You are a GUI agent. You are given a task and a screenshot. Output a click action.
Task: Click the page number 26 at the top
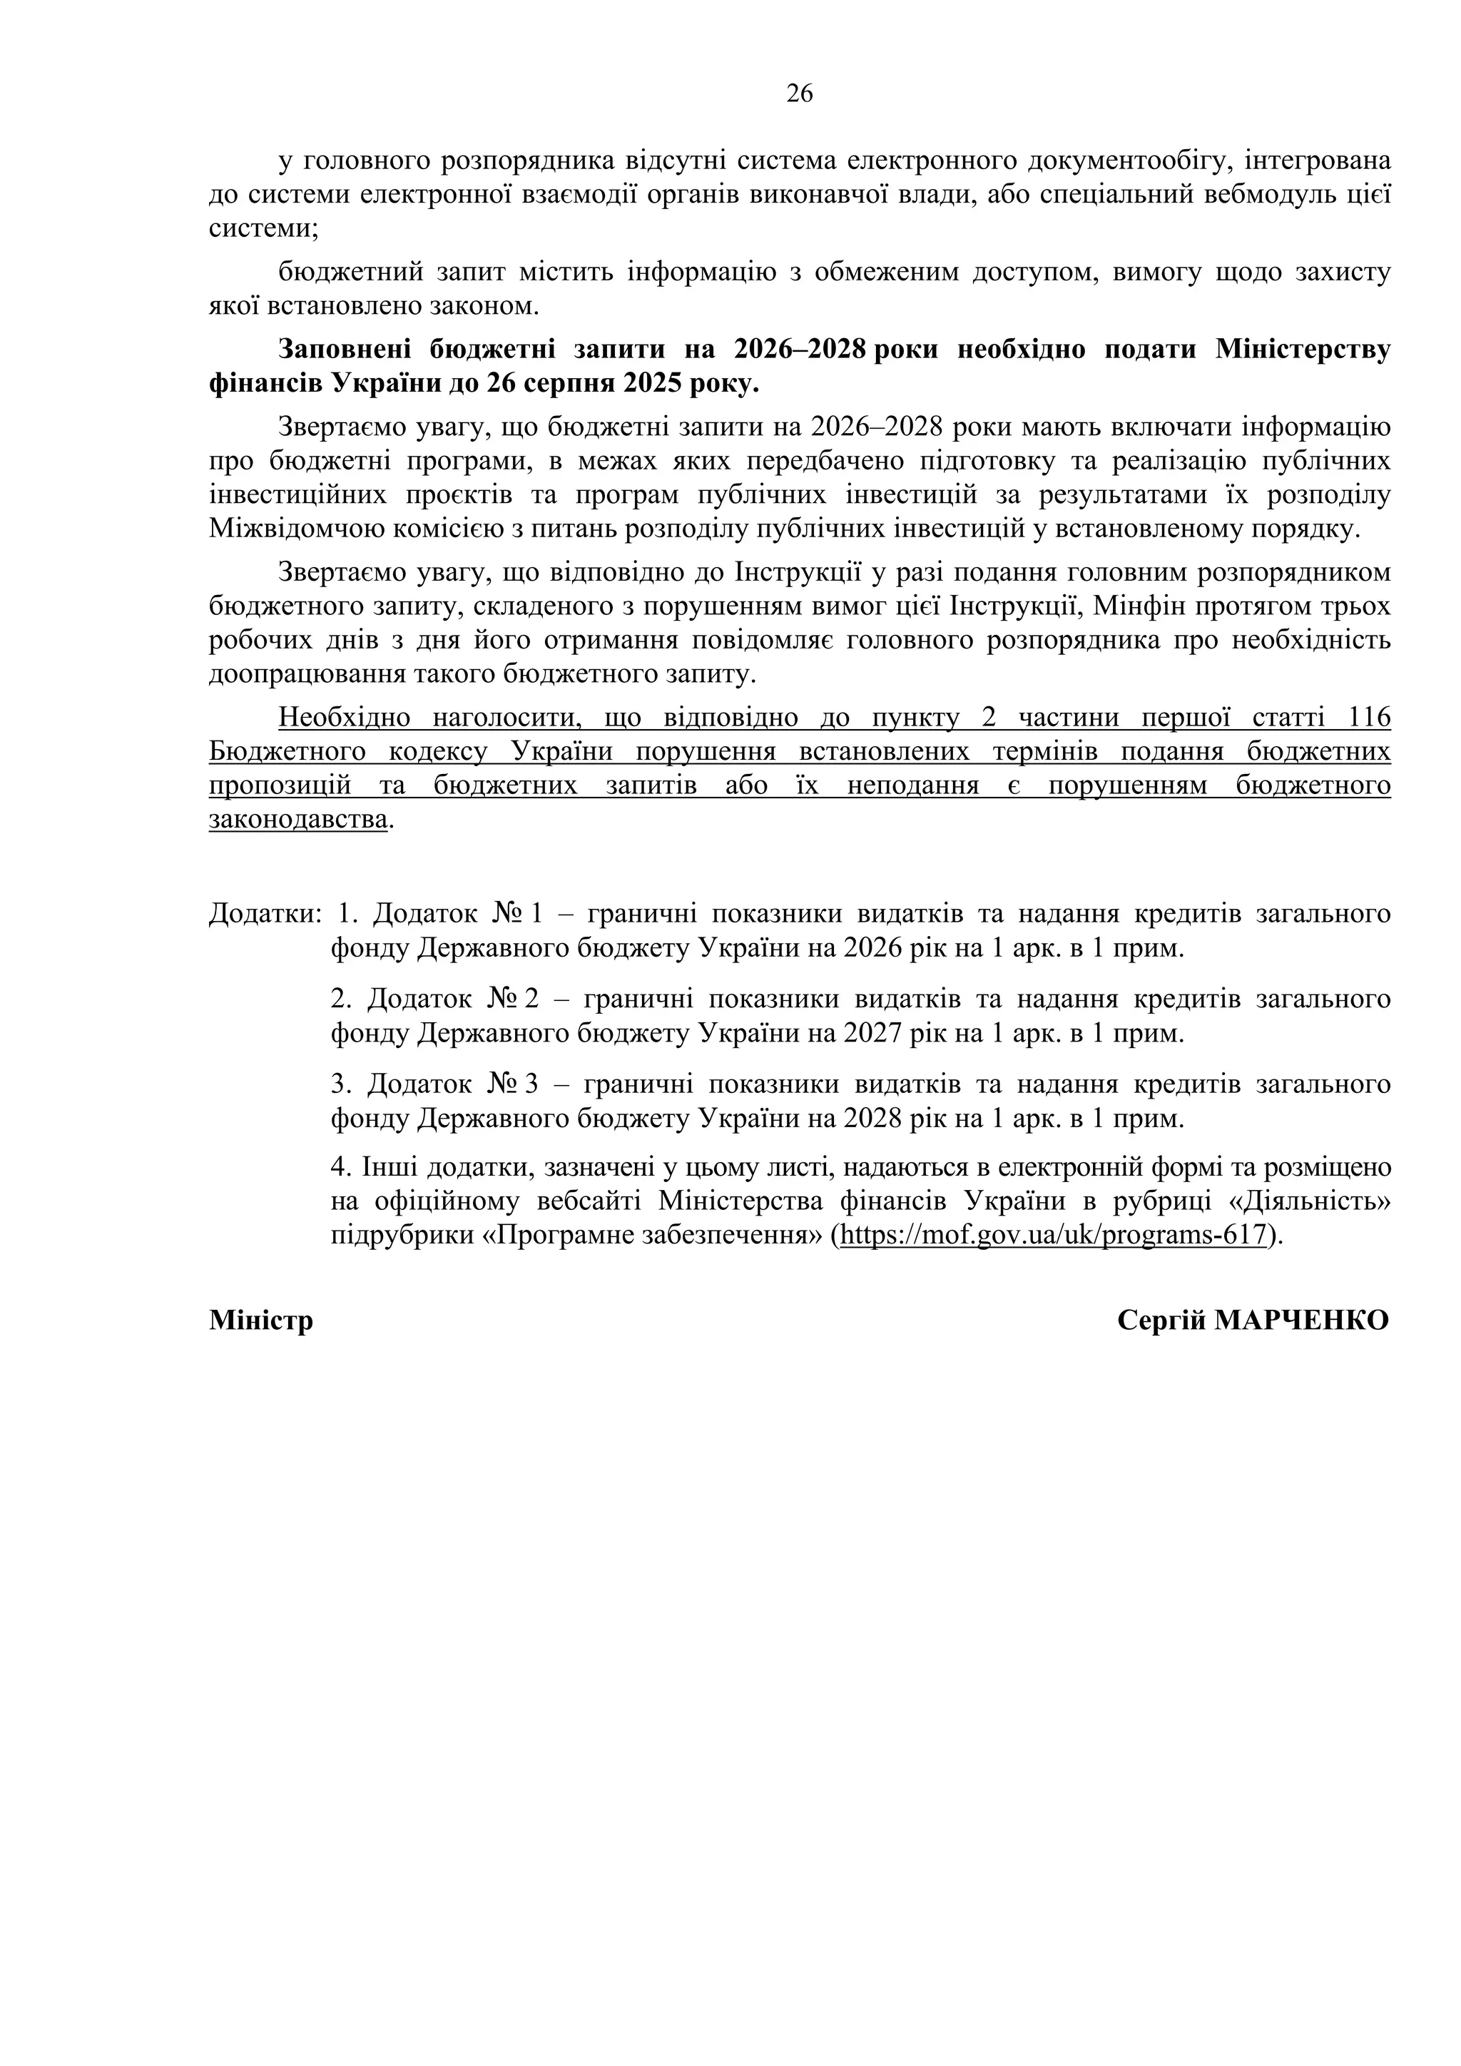(x=799, y=93)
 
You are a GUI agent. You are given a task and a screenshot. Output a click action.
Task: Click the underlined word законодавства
(x=299, y=820)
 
